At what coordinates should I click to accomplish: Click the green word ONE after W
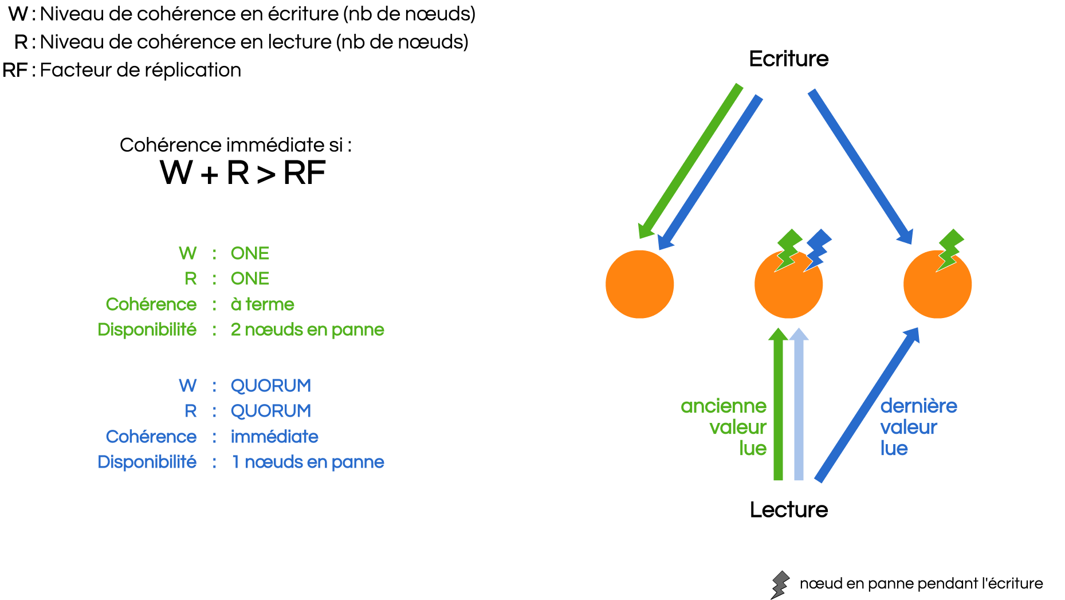point(250,253)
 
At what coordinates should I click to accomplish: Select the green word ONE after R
point(250,279)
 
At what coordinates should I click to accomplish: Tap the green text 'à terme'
point(262,304)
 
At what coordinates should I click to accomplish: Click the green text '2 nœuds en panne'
point(307,330)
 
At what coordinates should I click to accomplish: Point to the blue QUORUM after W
point(270,386)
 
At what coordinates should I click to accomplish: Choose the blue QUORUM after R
point(270,411)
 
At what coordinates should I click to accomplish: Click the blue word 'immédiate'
point(274,437)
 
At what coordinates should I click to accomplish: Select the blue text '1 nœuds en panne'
point(307,462)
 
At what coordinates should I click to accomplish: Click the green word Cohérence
point(151,304)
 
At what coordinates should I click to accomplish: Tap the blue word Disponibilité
point(147,462)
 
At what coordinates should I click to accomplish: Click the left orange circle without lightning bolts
point(639,284)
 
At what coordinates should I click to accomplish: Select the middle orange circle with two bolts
point(788,289)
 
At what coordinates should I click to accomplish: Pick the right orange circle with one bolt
point(937,289)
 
